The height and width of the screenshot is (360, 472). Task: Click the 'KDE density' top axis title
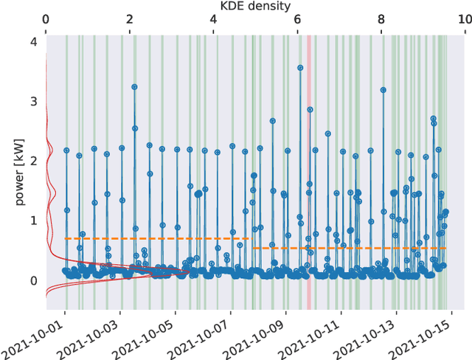tap(255, 6)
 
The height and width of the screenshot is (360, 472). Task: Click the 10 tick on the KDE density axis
tap(464, 21)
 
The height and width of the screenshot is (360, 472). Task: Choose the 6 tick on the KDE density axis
tap(297, 21)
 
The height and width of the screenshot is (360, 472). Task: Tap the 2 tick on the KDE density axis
tap(130, 21)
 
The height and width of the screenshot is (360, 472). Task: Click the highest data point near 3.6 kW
tap(300, 68)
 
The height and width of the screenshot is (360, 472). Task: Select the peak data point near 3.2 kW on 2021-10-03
tap(134, 87)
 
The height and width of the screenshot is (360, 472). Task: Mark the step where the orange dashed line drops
tap(251, 243)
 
